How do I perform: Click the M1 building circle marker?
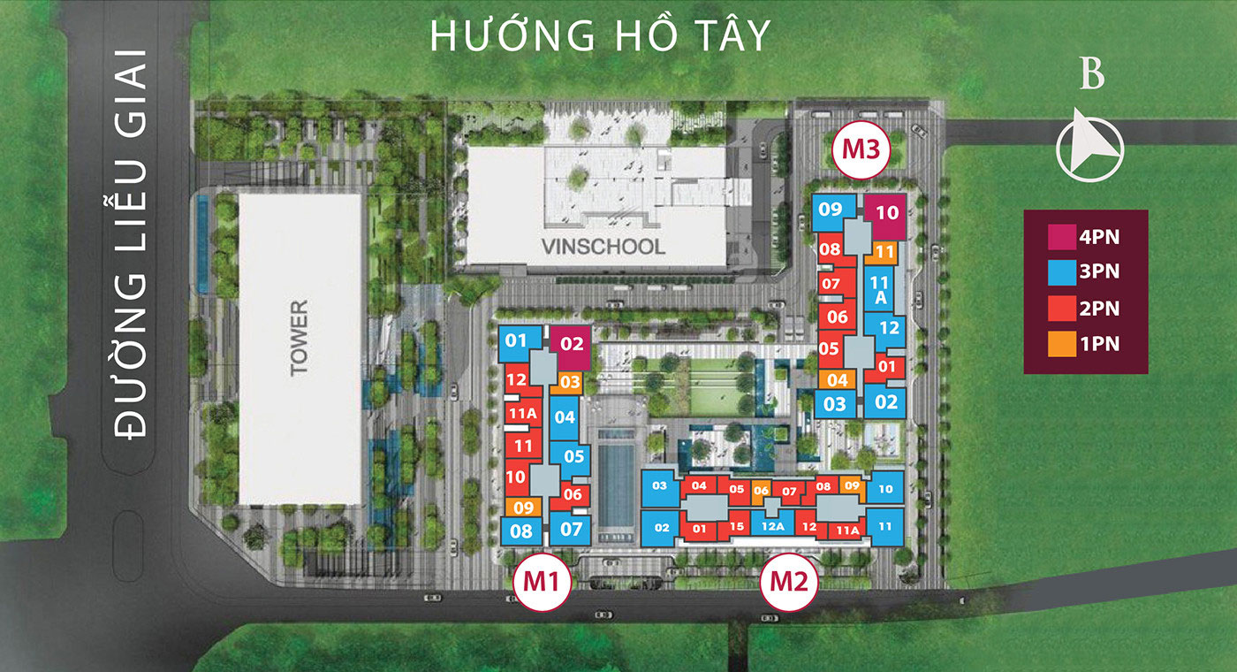click(x=543, y=580)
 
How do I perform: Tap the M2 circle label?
click(x=790, y=581)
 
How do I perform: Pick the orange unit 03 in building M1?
click(x=571, y=383)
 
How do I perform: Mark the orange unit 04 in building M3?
click(x=836, y=380)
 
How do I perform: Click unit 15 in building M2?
click(x=737, y=527)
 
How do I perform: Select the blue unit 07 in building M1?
click(x=572, y=530)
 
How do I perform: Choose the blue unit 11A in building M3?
click(x=880, y=291)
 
